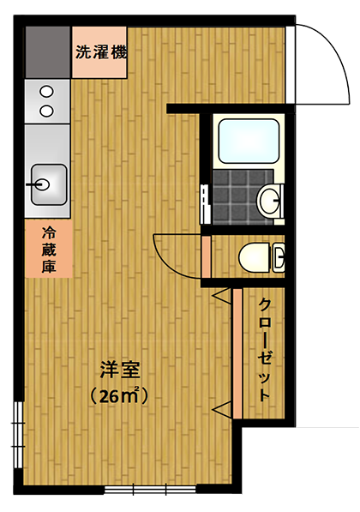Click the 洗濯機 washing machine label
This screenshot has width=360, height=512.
[101, 52]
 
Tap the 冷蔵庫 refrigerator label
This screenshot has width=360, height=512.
[49, 250]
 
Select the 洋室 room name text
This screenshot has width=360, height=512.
[120, 370]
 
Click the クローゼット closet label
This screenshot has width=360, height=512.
[264, 350]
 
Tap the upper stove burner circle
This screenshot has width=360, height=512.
[46, 92]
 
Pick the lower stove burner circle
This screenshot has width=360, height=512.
[46, 111]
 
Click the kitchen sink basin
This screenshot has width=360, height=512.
[49, 184]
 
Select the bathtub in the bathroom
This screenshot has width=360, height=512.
[249, 141]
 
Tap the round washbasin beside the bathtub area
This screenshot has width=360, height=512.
[269, 200]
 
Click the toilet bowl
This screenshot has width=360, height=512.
[255, 257]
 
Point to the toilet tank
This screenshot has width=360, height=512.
[278, 257]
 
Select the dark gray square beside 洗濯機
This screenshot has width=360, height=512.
[48, 52]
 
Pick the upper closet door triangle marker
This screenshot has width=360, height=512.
[222, 297]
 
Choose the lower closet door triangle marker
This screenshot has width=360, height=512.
[222, 409]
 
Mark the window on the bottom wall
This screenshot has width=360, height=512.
[150, 490]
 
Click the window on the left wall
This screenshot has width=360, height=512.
[19, 434]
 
